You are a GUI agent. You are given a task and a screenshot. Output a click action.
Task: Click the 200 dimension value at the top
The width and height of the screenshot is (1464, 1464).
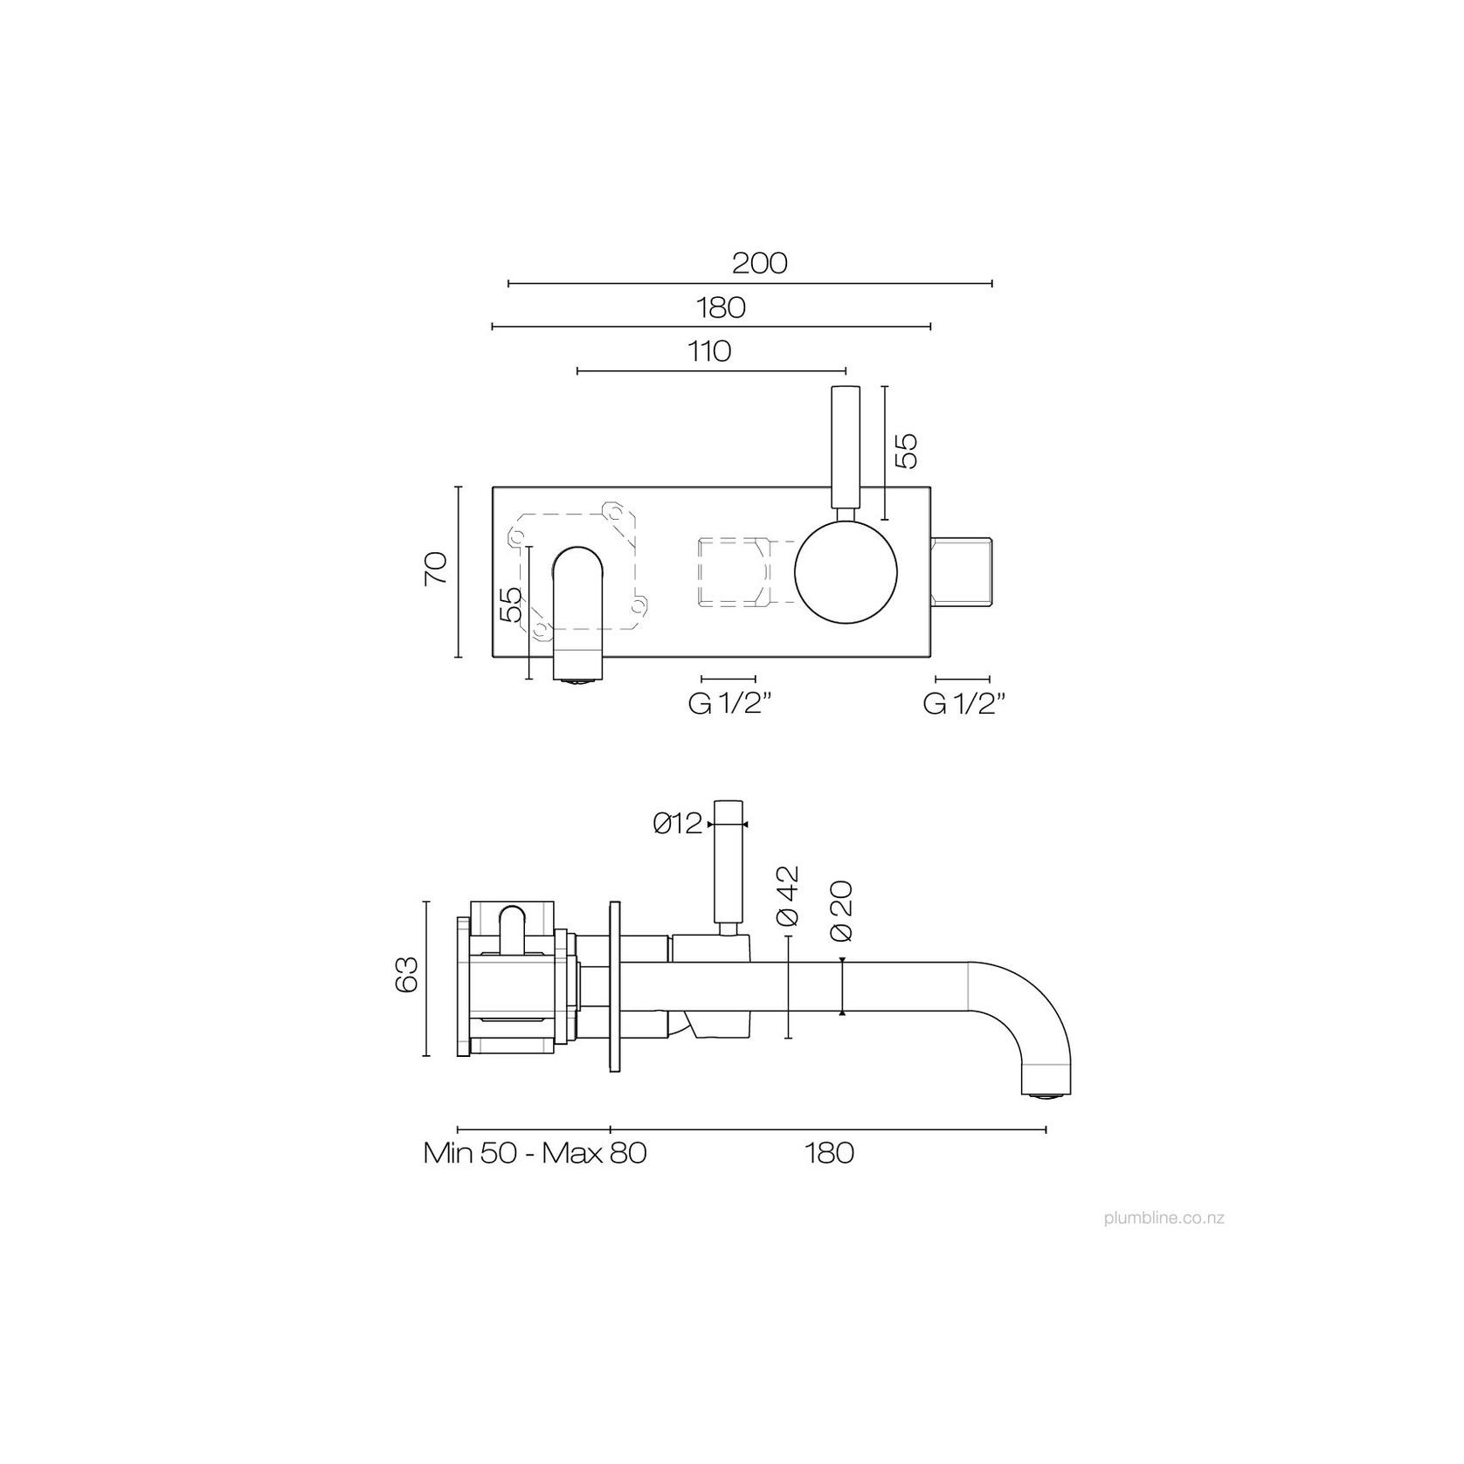[759, 263]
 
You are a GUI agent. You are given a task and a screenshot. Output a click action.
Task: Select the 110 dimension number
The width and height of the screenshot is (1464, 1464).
[709, 351]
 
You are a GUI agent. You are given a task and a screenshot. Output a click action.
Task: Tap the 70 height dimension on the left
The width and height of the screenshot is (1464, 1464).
[437, 569]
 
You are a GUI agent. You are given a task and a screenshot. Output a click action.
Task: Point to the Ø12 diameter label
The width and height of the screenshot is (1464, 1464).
[677, 824]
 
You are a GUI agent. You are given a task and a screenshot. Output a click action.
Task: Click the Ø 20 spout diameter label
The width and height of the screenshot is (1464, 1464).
[841, 910]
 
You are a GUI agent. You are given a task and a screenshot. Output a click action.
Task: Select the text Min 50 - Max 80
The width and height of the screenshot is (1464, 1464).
[535, 1153]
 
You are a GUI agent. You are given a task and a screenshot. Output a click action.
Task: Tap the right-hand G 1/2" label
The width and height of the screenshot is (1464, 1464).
[963, 705]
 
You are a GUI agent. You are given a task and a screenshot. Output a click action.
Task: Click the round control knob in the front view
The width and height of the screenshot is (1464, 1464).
[846, 573]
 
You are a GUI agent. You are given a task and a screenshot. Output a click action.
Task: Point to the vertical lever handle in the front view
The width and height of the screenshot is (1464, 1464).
[846, 447]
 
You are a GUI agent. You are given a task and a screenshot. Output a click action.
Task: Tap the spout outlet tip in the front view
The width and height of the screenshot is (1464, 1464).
[577, 676]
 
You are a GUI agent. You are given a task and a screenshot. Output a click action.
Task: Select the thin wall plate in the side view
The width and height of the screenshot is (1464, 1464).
[615, 987]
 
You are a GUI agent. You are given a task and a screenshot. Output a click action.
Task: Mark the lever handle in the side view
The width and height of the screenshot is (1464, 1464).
[728, 860]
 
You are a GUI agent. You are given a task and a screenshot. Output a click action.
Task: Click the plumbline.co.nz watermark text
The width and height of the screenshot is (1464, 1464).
[1164, 1218]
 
